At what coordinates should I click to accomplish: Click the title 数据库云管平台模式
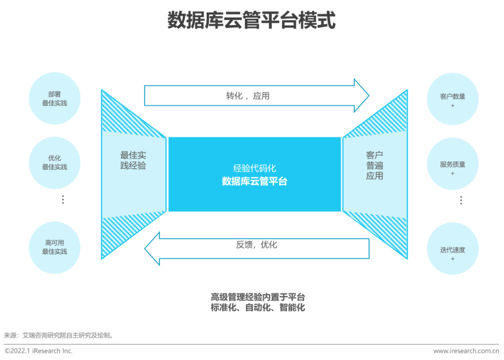pyautogui.click(x=251, y=21)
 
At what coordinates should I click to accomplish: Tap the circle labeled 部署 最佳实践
pyautogui.click(x=55, y=98)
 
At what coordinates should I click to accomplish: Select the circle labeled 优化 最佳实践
pyautogui.click(x=55, y=163)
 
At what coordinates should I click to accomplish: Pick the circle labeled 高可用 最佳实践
pyautogui.click(x=55, y=247)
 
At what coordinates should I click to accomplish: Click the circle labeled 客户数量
pyautogui.click(x=452, y=99)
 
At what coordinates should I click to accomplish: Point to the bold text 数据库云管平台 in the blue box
pyautogui.click(x=254, y=181)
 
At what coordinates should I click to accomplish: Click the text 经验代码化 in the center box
pyautogui.click(x=254, y=168)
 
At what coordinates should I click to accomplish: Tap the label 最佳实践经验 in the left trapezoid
pyautogui.click(x=133, y=160)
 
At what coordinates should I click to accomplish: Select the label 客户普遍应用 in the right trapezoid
pyautogui.click(x=374, y=165)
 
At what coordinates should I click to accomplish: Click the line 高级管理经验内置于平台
pyautogui.click(x=258, y=297)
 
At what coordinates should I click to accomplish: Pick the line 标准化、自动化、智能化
pyautogui.click(x=258, y=308)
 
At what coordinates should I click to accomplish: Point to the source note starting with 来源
pyautogui.click(x=58, y=335)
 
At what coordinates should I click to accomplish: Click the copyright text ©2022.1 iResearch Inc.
pyautogui.click(x=38, y=351)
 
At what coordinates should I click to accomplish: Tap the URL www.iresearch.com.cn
pyautogui.click(x=466, y=351)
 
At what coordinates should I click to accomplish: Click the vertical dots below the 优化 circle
pyautogui.click(x=63, y=200)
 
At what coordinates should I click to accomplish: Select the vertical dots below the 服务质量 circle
pyautogui.click(x=461, y=200)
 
